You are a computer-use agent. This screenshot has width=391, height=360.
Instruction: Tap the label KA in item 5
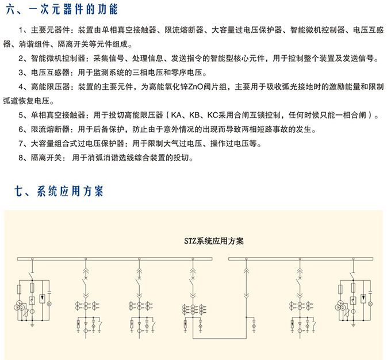pyautogui.click(x=177, y=115)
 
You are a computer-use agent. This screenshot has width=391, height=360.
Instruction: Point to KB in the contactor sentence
pyautogui.click(x=194, y=115)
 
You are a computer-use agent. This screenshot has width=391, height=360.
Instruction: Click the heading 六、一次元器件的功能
pyautogui.click(x=62, y=9)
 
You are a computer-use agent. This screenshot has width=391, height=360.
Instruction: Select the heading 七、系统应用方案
pyautogui.click(x=59, y=192)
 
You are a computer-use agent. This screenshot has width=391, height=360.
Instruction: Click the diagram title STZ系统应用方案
pyautogui.click(x=214, y=241)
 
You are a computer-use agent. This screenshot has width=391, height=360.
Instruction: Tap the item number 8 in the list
pyautogui.click(x=21, y=158)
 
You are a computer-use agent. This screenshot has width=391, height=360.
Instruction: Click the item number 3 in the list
pyautogui.click(x=21, y=72)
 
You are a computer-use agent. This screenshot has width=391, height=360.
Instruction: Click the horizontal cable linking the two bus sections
pyautogui.click(x=220, y=339)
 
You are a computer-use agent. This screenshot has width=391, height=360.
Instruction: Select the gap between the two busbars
pyautogui.click(x=220, y=259)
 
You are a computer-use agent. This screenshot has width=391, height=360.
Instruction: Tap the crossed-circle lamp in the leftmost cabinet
pyautogui.click(x=49, y=304)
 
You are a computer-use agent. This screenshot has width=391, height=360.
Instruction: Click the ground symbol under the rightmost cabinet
pyautogui.click(x=354, y=325)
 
